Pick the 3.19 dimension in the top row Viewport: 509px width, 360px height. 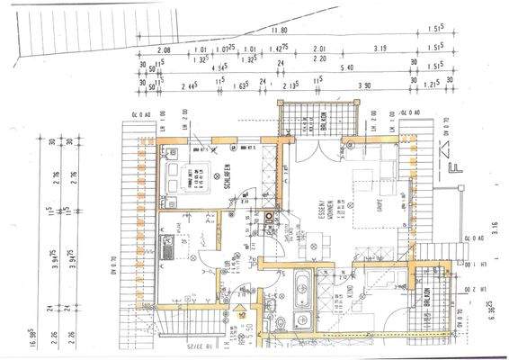380,50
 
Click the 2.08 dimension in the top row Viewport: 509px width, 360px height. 163,50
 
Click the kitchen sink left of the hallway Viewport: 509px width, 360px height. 167,243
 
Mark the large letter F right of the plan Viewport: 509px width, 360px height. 455,165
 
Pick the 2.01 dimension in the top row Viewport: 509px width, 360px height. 317,50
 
